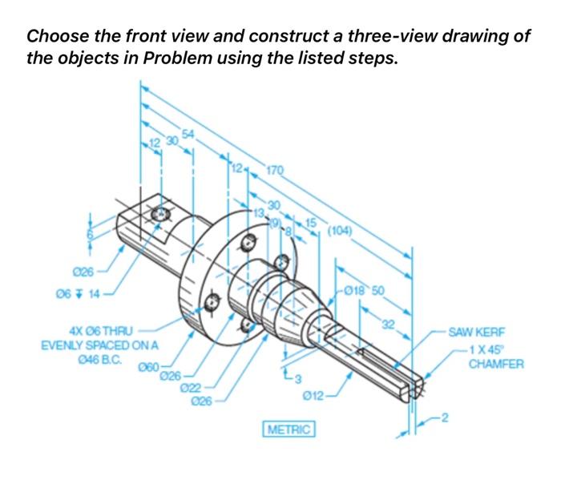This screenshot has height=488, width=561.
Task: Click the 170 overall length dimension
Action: [x=274, y=170]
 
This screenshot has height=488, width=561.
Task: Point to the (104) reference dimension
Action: [x=340, y=232]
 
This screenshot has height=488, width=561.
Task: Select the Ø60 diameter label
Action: [x=150, y=367]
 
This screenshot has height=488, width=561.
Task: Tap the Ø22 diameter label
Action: [x=190, y=387]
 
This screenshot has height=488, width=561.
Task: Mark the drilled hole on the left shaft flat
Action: [x=160, y=214]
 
